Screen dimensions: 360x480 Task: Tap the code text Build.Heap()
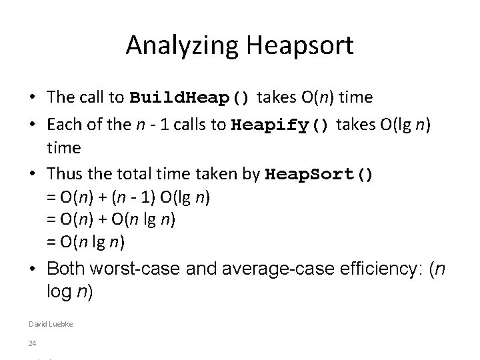pos(190,98)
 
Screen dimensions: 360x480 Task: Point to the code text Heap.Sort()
pos(320,175)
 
